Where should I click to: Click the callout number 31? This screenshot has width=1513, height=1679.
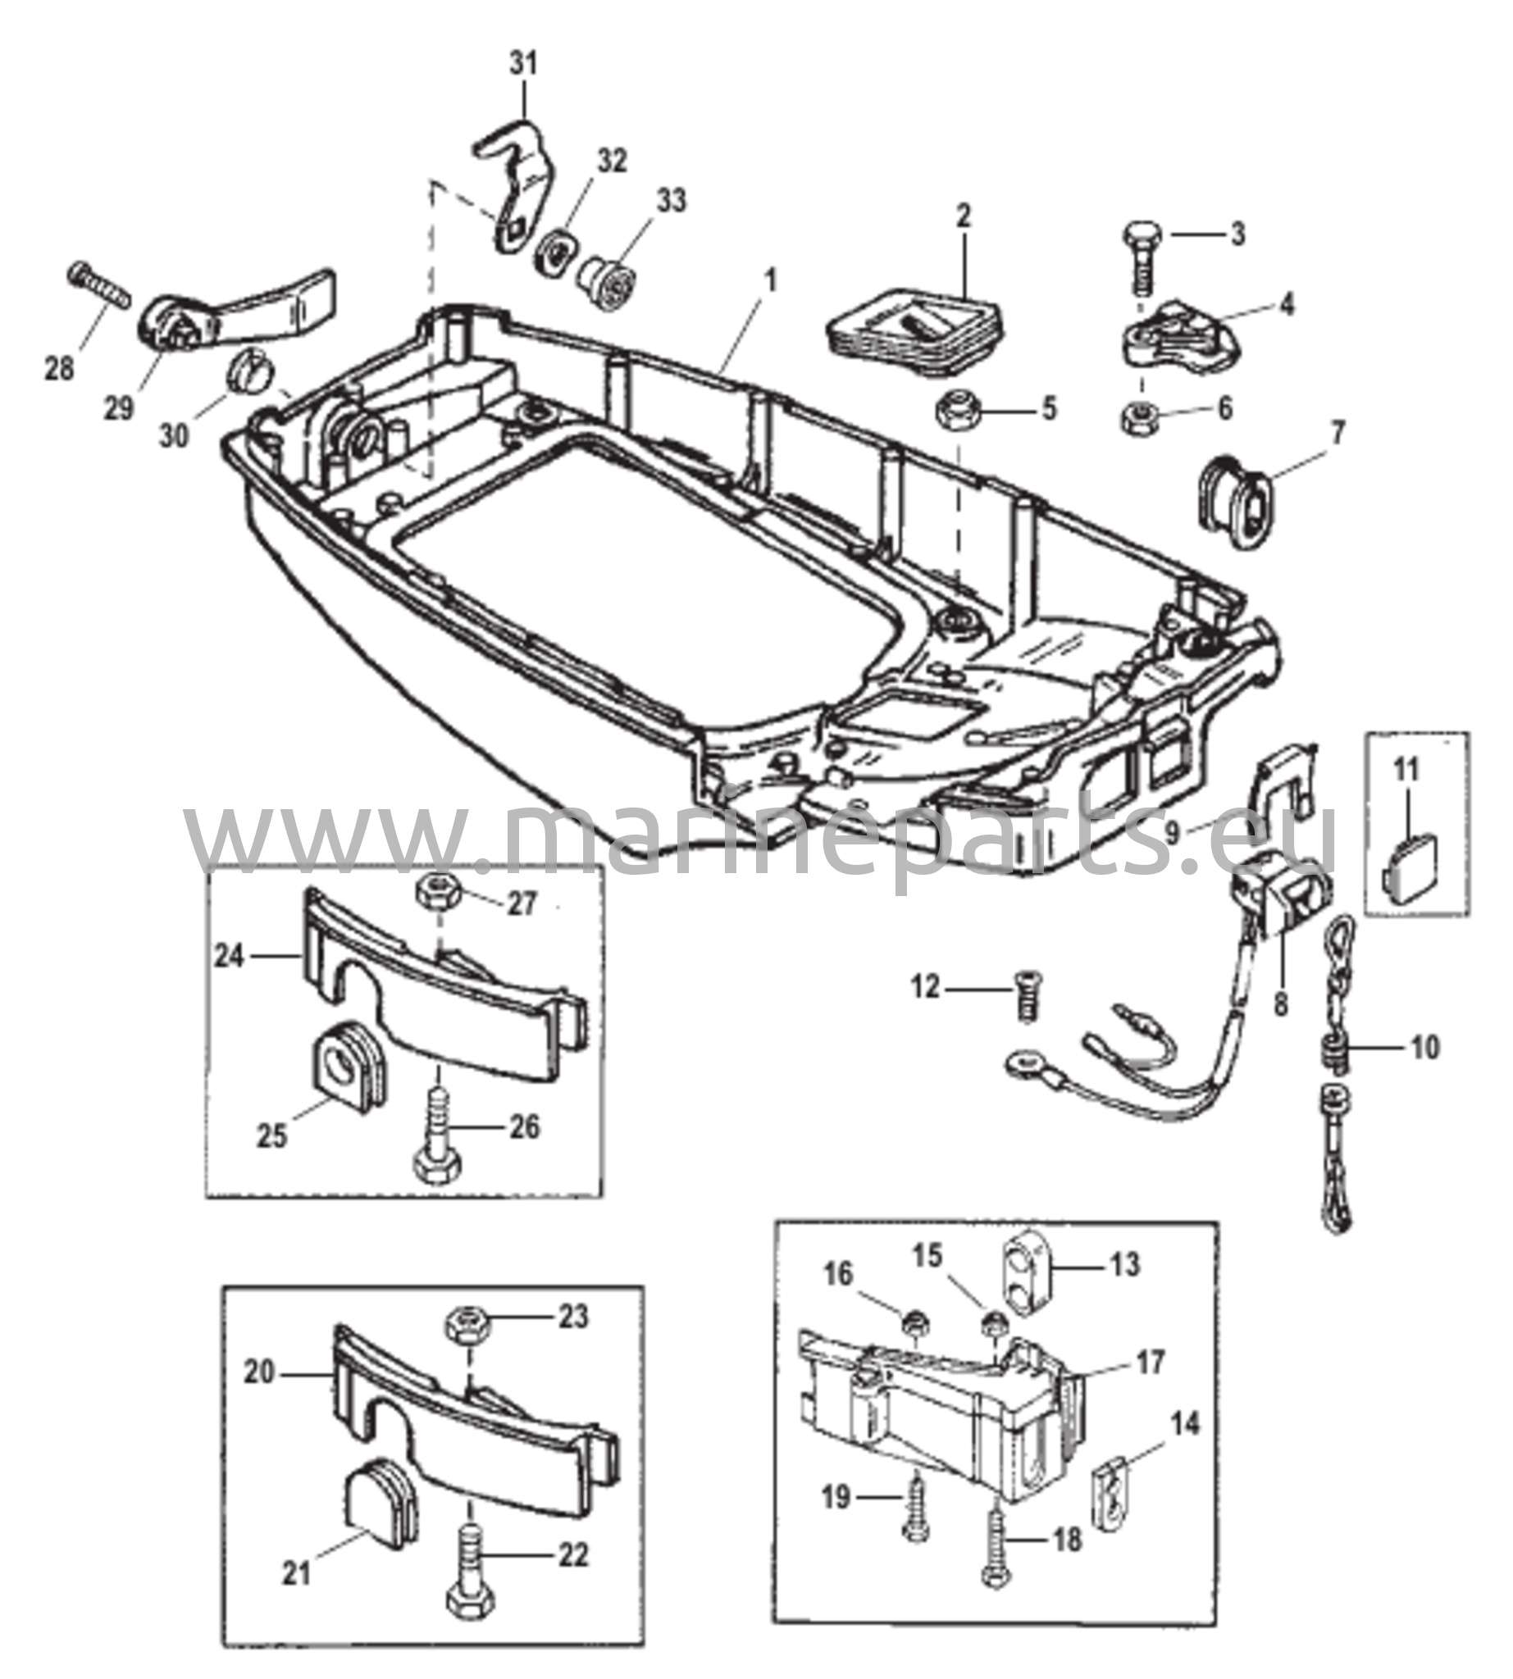(523, 65)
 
